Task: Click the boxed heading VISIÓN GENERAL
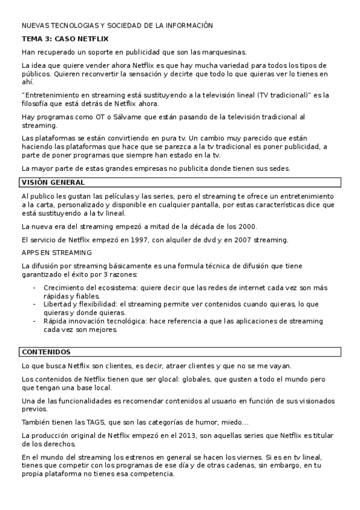point(53,182)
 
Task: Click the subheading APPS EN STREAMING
point(56,253)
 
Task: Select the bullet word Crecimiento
point(64,287)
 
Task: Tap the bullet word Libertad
point(58,304)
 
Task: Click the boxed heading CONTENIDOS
point(46,352)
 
